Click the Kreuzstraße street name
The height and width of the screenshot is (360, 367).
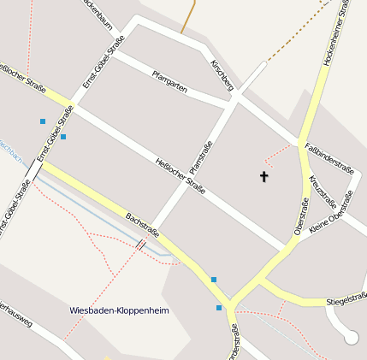coord(323,187)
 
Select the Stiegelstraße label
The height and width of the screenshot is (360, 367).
coord(346,299)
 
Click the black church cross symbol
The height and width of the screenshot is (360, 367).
coord(263,176)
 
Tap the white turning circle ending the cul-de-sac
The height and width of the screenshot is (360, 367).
coord(351,338)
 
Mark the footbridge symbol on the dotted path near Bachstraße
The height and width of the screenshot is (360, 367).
coord(140,246)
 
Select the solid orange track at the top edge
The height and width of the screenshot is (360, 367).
coord(189,17)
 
